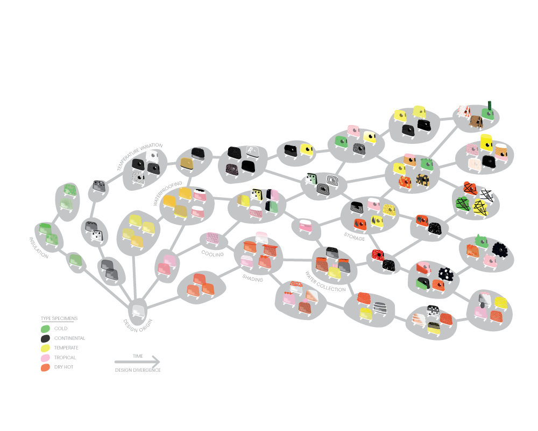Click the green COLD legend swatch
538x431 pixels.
pyautogui.click(x=45, y=329)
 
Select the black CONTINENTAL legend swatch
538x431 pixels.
pyautogui.click(x=45, y=338)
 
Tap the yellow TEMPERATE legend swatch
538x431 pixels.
pyautogui.click(x=45, y=348)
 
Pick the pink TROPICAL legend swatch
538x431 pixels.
pyautogui.click(x=45, y=358)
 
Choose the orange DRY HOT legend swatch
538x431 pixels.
pyautogui.click(x=45, y=367)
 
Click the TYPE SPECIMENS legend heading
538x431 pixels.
pyautogui.click(x=59, y=318)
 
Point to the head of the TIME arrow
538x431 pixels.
pyautogui.click(x=159, y=362)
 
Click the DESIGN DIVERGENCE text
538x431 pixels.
pyautogui.click(x=138, y=370)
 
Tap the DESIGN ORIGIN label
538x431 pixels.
pyautogui.click(x=138, y=326)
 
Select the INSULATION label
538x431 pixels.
pyautogui.click(x=38, y=247)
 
